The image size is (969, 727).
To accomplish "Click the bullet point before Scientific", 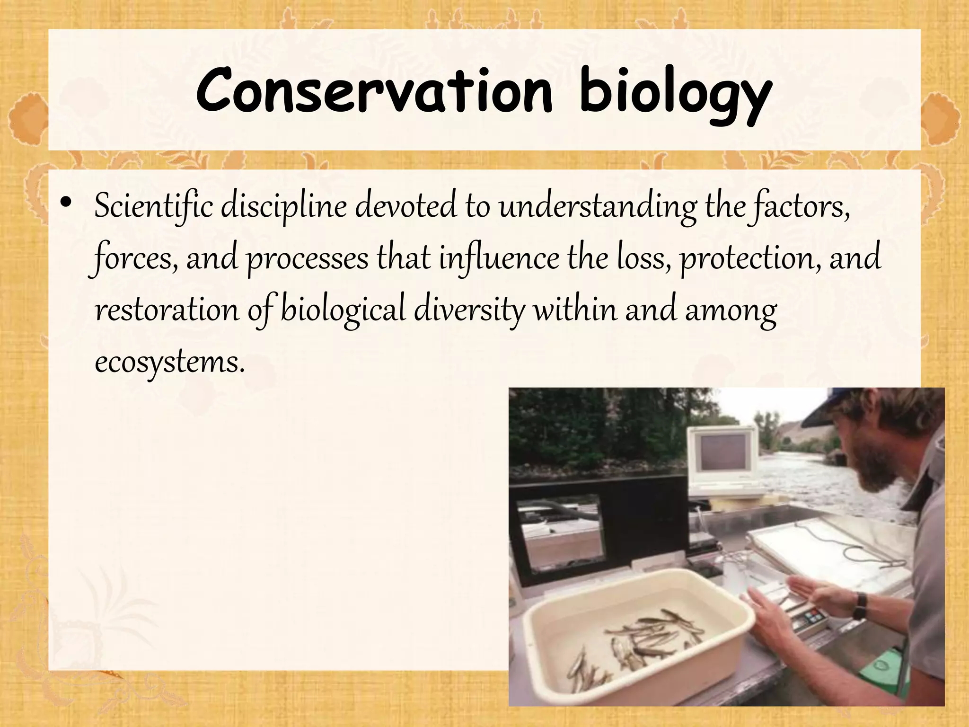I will (x=66, y=202).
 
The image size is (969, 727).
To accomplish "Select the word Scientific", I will (x=154, y=206).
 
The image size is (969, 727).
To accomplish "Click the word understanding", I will (x=598, y=206).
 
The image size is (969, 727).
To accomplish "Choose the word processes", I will (x=308, y=259).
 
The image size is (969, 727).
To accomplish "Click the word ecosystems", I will (x=170, y=362).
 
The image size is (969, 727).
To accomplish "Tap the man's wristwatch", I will (x=861, y=606).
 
